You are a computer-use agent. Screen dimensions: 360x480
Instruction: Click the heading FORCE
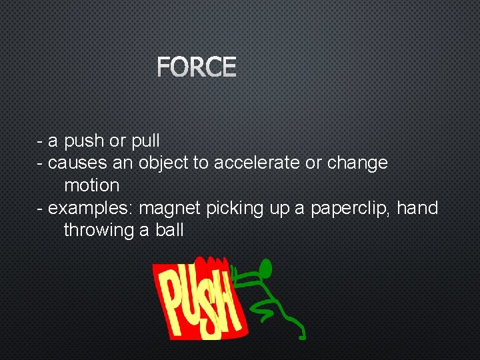click(x=197, y=67)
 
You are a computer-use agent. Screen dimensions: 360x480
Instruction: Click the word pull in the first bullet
click(x=145, y=141)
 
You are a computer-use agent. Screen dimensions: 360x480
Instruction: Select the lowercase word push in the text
click(x=84, y=141)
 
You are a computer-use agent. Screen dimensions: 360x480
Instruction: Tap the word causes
click(x=75, y=163)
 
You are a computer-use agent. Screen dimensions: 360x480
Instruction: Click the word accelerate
click(x=257, y=163)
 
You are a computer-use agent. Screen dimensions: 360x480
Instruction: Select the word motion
click(x=91, y=185)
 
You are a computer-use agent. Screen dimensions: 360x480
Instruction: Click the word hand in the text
click(x=417, y=208)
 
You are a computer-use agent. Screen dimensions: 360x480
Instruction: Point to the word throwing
click(x=98, y=231)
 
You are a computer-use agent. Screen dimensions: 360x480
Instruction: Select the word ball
click(x=168, y=231)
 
